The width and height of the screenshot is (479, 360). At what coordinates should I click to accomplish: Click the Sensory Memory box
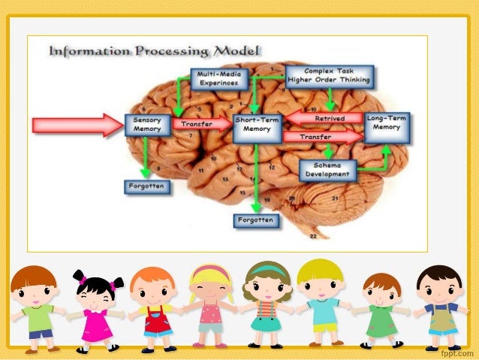coord(148,124)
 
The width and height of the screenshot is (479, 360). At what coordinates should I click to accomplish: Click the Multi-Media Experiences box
coord(218,78)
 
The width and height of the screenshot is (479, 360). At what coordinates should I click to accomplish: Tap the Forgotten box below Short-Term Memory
coord(255,220)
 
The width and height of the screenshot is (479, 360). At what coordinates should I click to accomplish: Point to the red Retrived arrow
coord(324,117)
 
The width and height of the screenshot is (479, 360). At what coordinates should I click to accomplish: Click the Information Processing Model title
coord(155,52)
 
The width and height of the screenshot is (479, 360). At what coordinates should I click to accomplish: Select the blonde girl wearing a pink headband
coord(209,304)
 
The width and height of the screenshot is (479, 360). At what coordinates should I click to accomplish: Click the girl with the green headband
coord(266,304)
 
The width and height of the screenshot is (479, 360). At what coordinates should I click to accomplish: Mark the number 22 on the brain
coord(312,235)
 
